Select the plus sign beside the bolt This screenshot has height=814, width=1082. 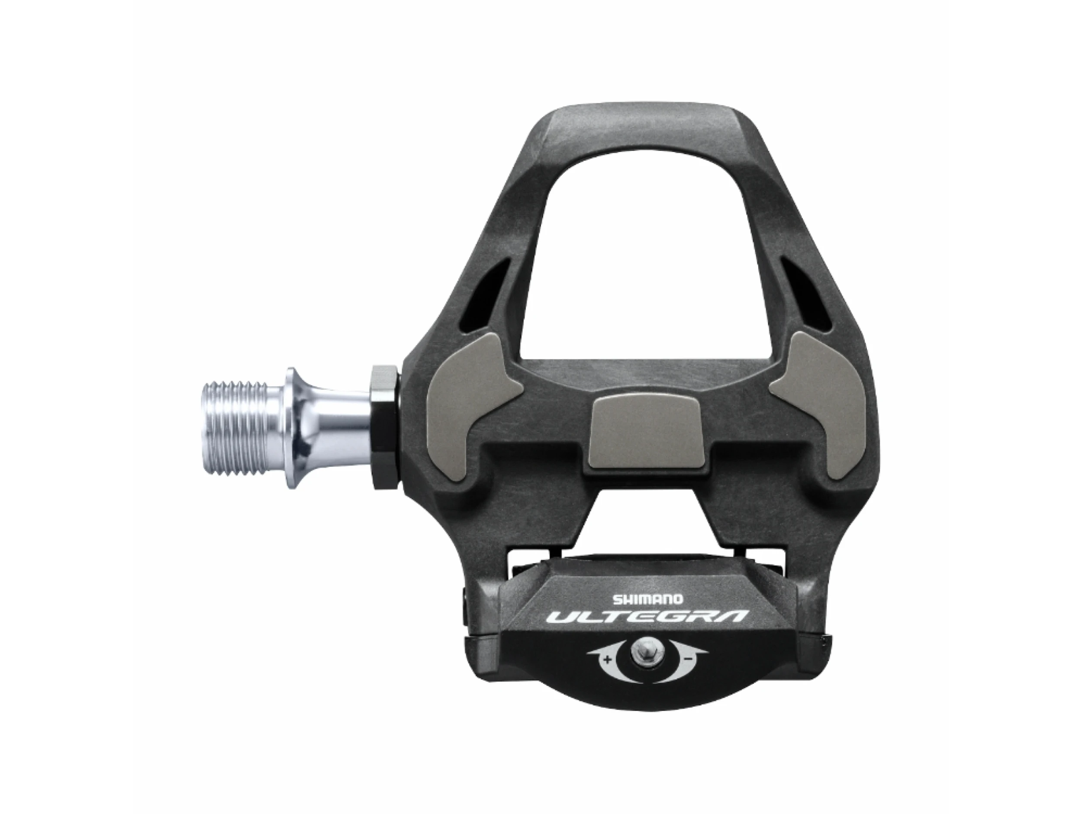coord(608,660)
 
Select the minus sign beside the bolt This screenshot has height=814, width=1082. coord(688,659)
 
